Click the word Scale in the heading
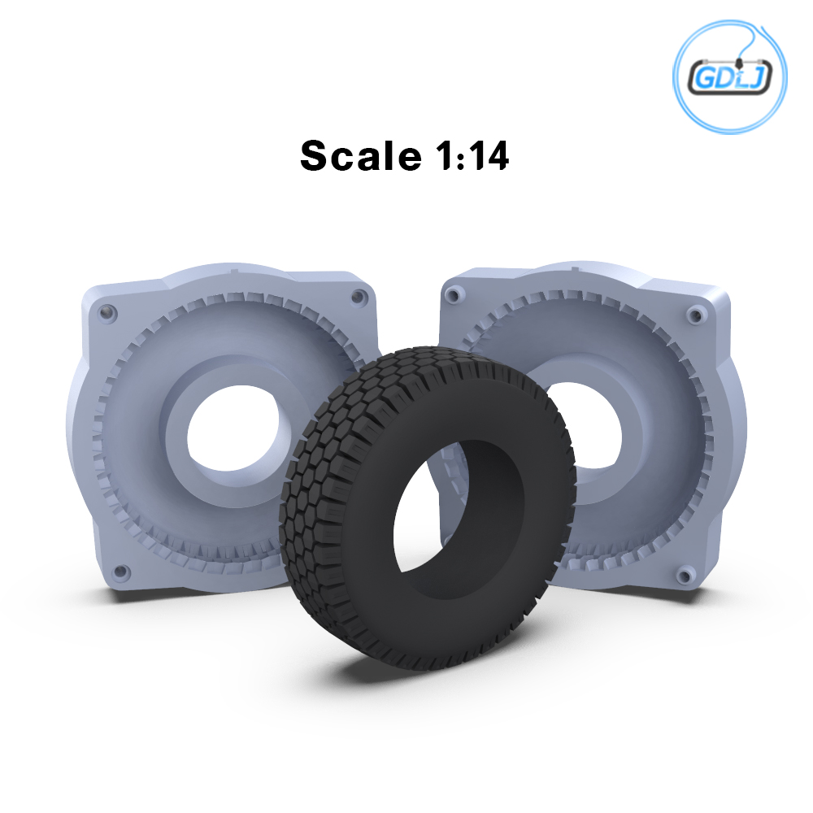pyautogui.click(x=361, y=155)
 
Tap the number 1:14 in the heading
pyautogui.click(x=472, y=155)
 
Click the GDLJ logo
pyautogui.click(x=729, y=76)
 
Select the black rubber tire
pyautogui.click(x=428, y=508)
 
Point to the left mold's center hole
pyautogui.click(x=233, y=428)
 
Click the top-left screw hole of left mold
pyautogui.click(x=108, y=313)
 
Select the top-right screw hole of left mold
pyautogui.click(x=357, y=297)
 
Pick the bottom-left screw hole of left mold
pyautogui.click(x=121, y=572)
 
